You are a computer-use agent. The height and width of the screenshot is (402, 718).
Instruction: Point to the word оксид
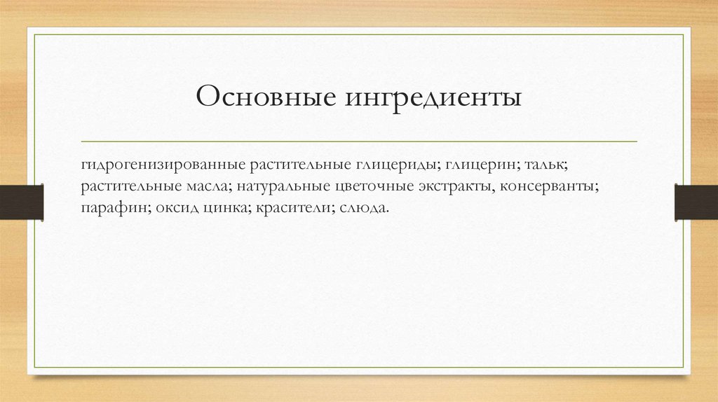tap(172, 208)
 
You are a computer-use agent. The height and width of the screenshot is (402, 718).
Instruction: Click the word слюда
tap(365, 208)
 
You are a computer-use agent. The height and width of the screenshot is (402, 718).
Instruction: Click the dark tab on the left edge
tap(21, 201)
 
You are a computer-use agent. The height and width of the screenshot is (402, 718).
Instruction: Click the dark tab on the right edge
tap(696, 201)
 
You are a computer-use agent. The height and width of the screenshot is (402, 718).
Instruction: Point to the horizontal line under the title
tap(359, 141)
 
